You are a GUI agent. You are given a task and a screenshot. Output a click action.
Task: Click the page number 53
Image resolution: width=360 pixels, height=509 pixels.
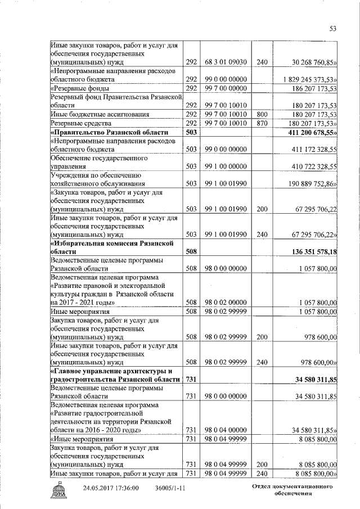[x=332, y=29]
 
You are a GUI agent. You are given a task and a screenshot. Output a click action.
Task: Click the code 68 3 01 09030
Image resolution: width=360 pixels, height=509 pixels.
[x=223, y=62]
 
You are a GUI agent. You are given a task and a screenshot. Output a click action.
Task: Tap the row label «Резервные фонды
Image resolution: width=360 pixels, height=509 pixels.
[x=79, y=88]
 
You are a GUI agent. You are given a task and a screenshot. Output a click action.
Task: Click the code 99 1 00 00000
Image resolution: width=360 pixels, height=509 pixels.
[x=223, y=166]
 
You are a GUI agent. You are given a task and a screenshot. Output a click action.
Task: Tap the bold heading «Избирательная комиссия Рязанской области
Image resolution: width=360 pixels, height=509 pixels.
[x=117, y=247]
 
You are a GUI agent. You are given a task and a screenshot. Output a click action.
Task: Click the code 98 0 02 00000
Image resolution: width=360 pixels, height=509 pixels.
[x=223, y=302]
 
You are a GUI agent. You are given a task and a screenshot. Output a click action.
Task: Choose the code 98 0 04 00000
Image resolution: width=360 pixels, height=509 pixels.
[x=223, y=430]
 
